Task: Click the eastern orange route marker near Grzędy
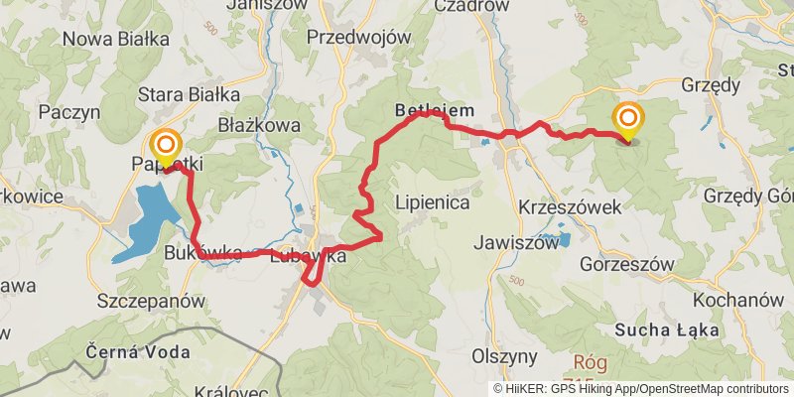pos(628,121)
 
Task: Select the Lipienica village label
pos(432,202)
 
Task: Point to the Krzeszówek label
pos(570,206)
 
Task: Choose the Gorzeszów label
pos(626,265)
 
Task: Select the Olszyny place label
pos(505,355)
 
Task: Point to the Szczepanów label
pos(152,300)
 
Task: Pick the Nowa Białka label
pos(115,39)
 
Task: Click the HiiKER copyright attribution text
pos(640,389)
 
